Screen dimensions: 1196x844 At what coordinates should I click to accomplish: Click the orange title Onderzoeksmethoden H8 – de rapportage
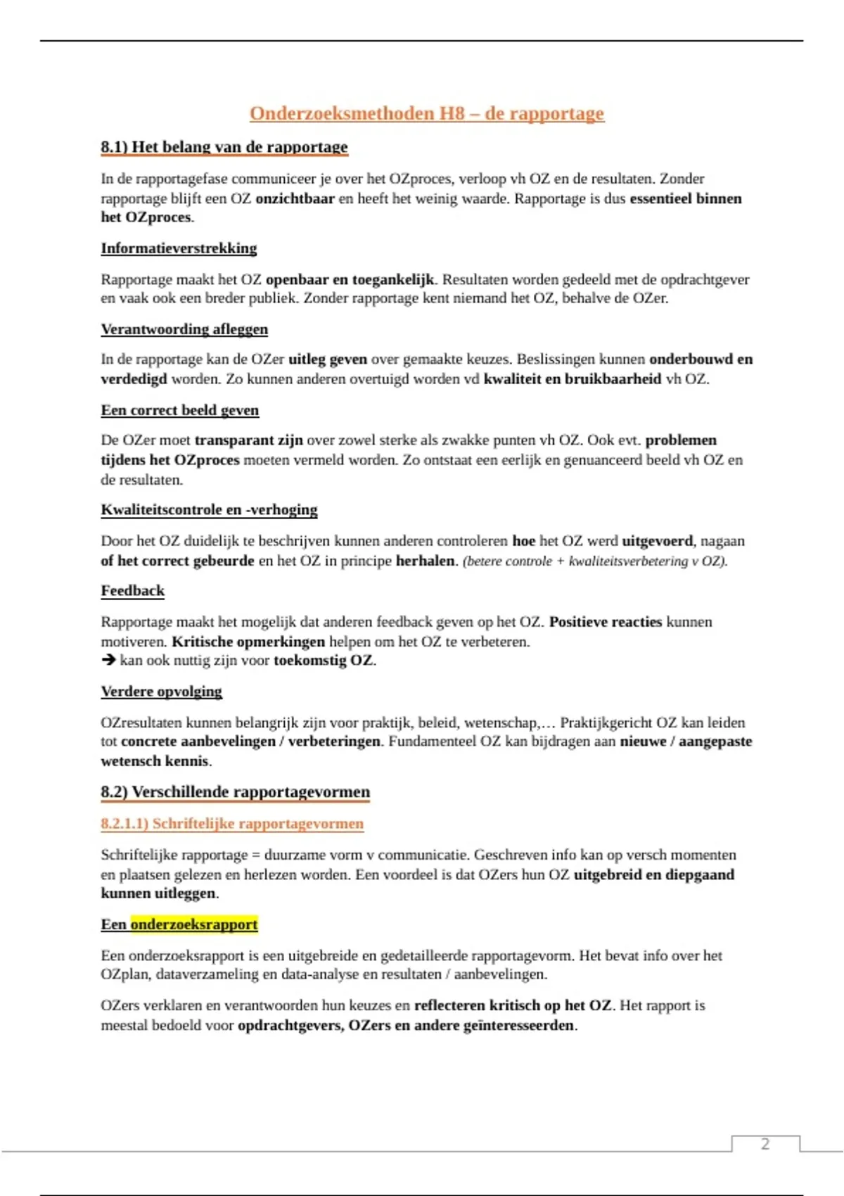coord(426,113)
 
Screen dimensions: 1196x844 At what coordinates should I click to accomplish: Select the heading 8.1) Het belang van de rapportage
coord(224,147)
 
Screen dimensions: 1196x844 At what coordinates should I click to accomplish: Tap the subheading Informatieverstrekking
coord(179,248)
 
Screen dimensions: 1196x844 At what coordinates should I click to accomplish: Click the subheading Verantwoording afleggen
coord(184,329)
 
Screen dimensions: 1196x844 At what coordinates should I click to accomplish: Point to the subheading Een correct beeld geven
coord(179,410)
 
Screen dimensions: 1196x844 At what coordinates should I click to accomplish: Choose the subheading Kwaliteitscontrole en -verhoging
coord(209,509)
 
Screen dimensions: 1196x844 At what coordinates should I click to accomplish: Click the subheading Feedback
coord(132,590)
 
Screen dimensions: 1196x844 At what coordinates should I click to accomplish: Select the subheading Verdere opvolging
coord(161,692)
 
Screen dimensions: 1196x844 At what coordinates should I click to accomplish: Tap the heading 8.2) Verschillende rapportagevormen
coord(235,792)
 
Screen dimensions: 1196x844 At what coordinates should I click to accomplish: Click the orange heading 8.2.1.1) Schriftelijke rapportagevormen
coord(232,824)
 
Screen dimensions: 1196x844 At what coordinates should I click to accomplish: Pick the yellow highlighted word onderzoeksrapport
coord(194,924)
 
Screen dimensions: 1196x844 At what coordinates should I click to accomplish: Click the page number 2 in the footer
coord(765,1144)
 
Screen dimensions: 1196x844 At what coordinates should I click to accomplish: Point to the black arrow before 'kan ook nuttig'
coord(108,660)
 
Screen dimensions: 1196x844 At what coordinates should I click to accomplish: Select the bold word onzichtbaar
coord(295,198)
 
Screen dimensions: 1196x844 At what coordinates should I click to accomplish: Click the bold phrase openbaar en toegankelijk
coord(350,279)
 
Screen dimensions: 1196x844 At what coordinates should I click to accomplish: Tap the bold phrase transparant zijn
coord(248,440)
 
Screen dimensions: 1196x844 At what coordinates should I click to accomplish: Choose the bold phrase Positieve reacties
coord(605,622)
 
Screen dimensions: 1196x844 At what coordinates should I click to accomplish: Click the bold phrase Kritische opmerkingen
coord(248,642)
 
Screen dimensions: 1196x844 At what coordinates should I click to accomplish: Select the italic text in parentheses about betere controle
coord(595,561)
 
